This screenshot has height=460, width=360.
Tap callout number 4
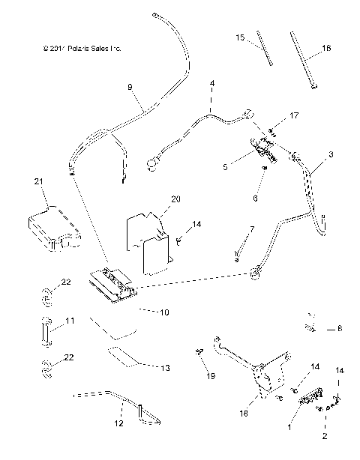point(212,82)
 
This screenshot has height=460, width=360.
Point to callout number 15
point(240,37)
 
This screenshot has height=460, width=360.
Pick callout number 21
point(40,181)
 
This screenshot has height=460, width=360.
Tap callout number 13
point(166,368)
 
